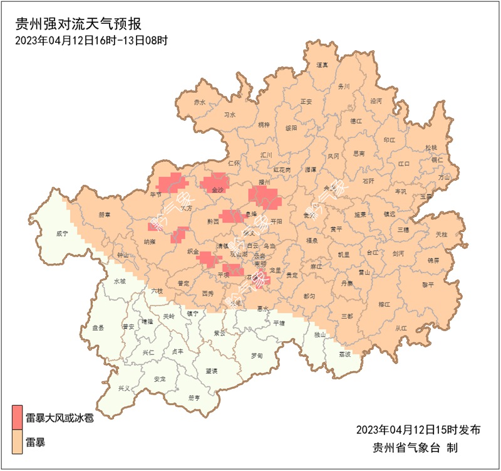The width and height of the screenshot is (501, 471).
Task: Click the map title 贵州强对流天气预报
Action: pos(79,25)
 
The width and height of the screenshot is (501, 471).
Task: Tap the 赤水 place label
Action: pos(199,102)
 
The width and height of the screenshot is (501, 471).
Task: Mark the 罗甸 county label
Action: pos(257,356)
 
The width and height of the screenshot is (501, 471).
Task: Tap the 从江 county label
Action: pos(401,327)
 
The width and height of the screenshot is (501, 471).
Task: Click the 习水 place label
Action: pos(230,115)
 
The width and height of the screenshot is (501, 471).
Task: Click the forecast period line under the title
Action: pos(91,41)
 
